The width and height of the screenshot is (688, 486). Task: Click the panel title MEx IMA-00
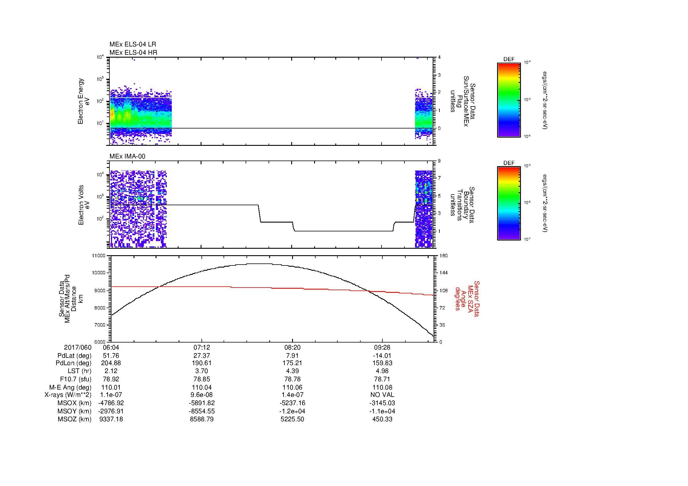(127, 156)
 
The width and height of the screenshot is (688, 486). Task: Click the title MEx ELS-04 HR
(133, 52)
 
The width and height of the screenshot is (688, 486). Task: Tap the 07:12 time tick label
(202, 347)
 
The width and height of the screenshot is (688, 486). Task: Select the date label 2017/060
(78, 347)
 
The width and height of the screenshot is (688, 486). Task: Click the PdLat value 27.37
(202, 356)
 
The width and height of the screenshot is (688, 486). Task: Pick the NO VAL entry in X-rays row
(382, 395)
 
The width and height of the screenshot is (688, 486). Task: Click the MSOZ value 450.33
(382, 419)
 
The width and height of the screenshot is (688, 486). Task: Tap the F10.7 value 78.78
(292, 379)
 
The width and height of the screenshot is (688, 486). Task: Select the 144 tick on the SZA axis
(444, 273)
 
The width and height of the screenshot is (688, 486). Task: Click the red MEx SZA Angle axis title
(467, 298)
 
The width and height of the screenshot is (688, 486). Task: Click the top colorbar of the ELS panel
(509, 100)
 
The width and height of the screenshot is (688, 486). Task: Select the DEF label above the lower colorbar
(509, 163)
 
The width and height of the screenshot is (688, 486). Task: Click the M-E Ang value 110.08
(382, 387)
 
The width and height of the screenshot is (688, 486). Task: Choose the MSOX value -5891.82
(202, 403)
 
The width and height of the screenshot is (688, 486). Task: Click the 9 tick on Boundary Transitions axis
(439, 161)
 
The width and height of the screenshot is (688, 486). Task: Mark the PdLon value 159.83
(382, 363)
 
